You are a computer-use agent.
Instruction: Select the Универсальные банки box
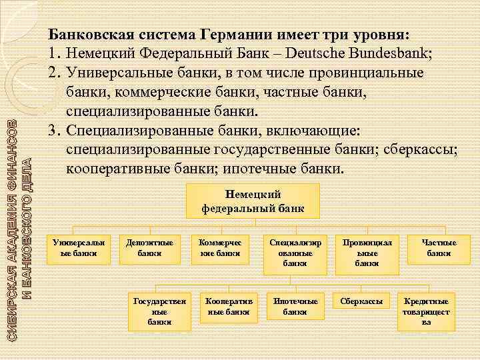[74, 248]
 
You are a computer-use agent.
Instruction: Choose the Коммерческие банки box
[219, 248]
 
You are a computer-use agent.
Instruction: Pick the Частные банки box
[438, 248]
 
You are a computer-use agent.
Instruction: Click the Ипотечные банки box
[295, 306]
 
